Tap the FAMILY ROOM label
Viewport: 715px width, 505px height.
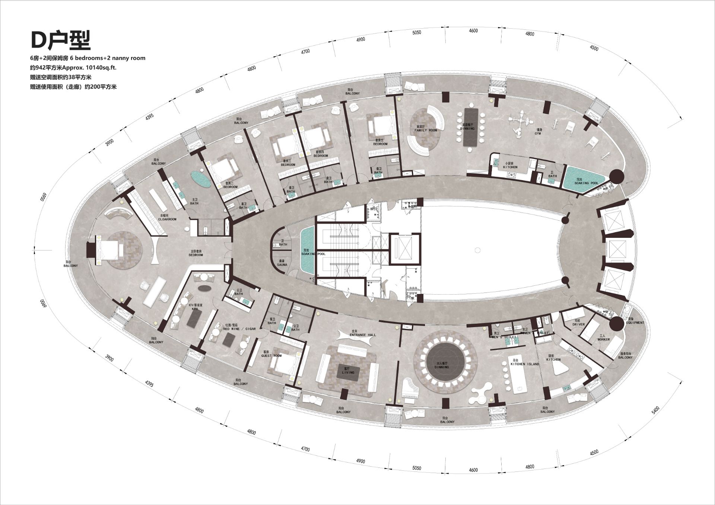click(426, 130)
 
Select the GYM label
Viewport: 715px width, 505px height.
click(538, 133)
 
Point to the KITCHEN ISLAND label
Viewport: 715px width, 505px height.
click(525, 364)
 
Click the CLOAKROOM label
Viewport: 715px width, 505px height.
click(167, 219)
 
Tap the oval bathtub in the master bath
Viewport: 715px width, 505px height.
click(201, 179)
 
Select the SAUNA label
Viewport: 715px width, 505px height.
click(282, 265)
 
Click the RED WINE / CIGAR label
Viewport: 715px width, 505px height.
click(239, 329)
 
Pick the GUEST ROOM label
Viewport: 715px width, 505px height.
click(271, 356)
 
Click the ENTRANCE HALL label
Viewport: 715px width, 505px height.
click(363, 335)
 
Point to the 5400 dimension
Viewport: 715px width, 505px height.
click(655, 410)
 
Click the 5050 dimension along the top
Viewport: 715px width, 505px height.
click(417, 33)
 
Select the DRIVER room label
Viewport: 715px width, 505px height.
click(578, 325)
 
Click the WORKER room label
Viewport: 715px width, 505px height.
click(604, 339)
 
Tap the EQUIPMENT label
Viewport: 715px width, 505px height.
click(635, 323)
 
